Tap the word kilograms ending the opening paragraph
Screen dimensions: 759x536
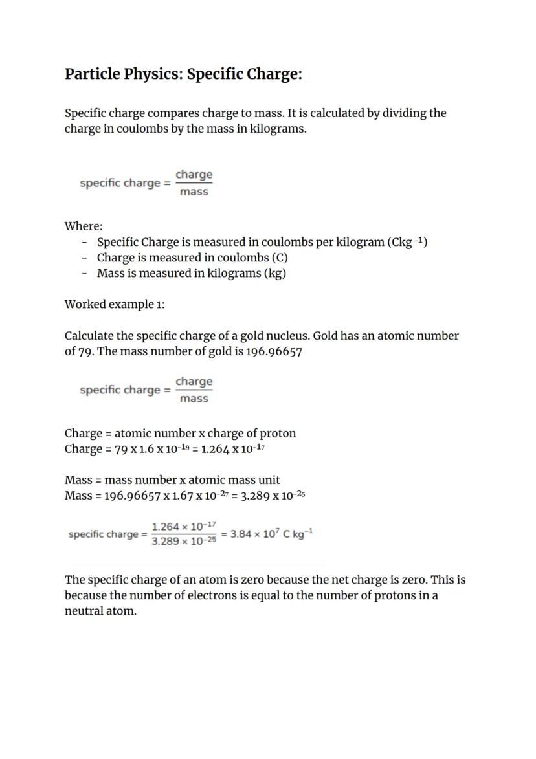278,128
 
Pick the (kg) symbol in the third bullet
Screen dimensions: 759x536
274,273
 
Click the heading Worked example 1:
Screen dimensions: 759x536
115,304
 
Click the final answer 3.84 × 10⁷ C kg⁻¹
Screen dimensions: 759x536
272,534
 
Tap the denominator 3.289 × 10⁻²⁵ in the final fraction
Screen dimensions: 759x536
184,542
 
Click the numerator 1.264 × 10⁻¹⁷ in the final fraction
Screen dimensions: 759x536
184,527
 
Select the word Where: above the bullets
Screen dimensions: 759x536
84,226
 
